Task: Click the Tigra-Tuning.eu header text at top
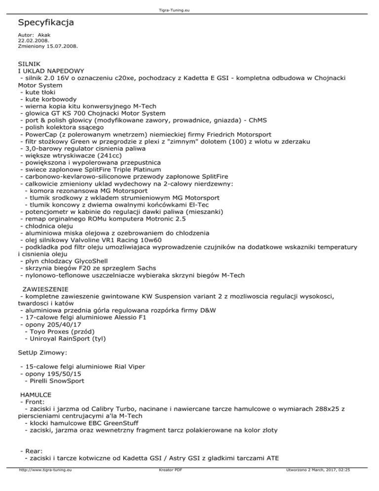click(x=189, y=4)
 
